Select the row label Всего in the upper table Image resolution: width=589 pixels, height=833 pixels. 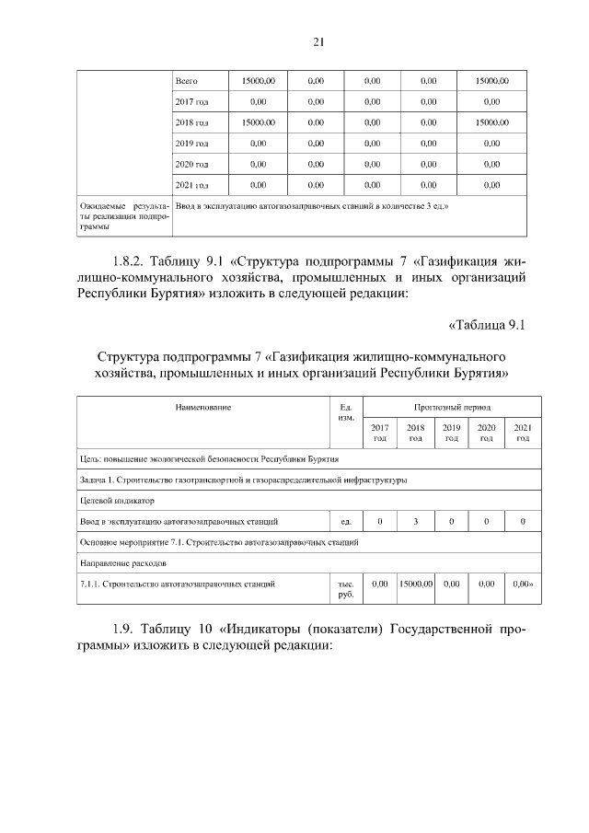(187, 81)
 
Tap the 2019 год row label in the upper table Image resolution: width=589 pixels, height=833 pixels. (191, 143)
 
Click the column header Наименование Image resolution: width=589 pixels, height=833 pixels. (199, 407)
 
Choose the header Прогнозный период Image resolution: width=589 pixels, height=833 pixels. (451, 407)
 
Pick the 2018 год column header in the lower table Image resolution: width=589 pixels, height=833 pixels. (415, 433)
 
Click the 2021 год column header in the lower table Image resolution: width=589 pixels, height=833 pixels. (522, 433)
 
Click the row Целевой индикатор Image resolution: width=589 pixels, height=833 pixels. (117, 501)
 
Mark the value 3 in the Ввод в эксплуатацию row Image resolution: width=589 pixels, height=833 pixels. (415, 522)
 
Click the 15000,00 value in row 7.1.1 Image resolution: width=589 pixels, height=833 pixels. (415, 584)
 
